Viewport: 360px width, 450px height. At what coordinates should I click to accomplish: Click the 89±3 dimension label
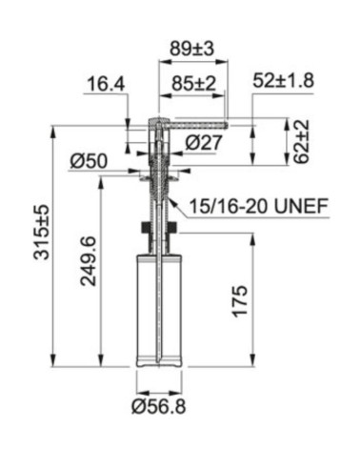(x=191, y=49)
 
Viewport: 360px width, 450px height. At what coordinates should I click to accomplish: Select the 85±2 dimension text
(x=193, y=84)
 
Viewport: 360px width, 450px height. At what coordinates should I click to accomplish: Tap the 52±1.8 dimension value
(x=284, y=80)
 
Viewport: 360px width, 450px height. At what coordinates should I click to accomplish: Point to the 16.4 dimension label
(x=106, y=84)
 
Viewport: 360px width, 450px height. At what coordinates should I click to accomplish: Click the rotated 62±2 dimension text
(x=300, y=142)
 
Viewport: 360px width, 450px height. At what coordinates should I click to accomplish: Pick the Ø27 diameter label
(x=204, y=142)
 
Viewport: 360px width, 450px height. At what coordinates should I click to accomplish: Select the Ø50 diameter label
(x=89, y=161)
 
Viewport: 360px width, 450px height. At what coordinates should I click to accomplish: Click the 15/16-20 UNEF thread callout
(x=259, y=206)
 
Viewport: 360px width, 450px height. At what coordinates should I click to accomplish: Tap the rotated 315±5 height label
(x=42, y=232)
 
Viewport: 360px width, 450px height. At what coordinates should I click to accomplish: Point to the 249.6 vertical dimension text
(x=88, y=260)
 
